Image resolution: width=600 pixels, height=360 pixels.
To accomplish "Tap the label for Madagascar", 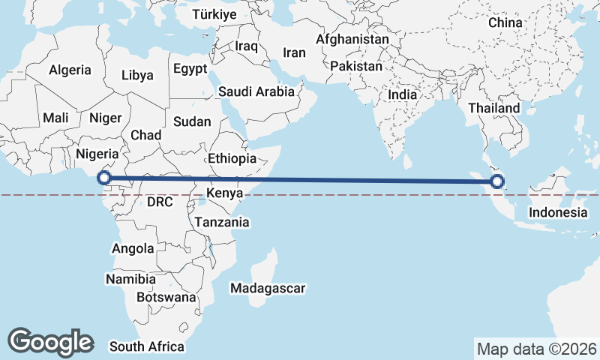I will (268, 288).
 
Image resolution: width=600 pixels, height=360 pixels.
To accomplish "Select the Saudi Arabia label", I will (256, 91).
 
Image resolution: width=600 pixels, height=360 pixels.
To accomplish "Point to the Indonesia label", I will (558, 212).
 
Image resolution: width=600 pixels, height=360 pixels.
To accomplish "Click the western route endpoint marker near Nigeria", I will (105, 178).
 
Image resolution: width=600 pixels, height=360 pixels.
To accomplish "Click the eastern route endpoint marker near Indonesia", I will (496, 181).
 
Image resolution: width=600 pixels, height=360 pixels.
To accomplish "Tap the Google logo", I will (50, 341).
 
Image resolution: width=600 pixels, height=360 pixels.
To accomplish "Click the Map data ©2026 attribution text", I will (536, 349).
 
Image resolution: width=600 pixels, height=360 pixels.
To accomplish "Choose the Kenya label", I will (224, 193).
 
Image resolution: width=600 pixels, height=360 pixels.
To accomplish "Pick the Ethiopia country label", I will (232, 159).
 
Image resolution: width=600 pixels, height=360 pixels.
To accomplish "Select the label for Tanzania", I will (222, 222).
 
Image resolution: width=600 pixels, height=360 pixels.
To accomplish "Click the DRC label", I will (160, 202).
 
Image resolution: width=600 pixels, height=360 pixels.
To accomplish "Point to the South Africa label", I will (147, 346).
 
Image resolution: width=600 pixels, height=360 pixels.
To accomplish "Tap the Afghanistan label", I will (352, 39).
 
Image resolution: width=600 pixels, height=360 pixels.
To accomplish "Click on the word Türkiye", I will (214, 14).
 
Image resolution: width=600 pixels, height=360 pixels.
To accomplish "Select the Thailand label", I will (494, 108).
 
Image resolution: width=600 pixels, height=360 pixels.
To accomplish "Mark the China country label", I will (505, 22).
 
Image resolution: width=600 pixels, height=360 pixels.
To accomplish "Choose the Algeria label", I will (70, 70).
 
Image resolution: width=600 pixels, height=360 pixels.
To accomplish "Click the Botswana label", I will (167, 297).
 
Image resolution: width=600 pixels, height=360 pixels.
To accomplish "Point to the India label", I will (403, 95).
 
